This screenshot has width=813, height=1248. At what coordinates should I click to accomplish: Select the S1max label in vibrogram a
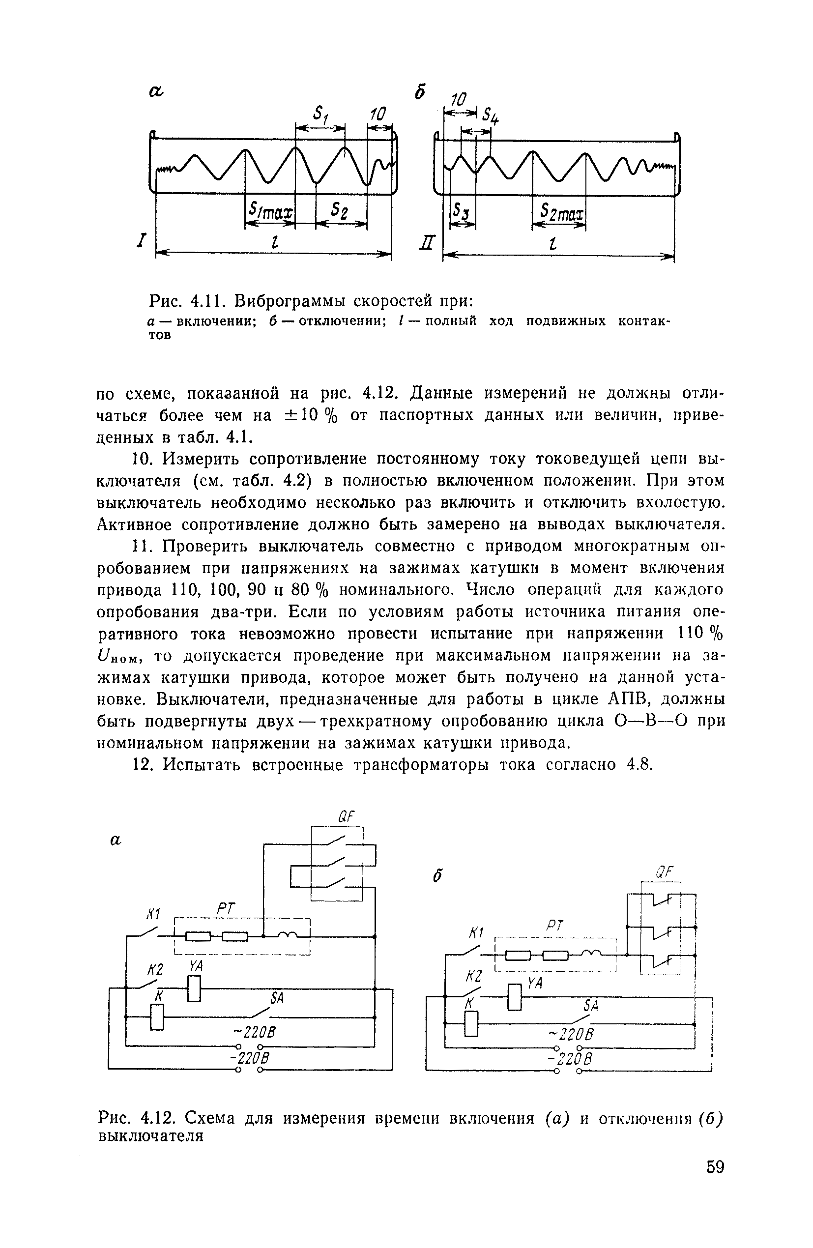tap(270, 211)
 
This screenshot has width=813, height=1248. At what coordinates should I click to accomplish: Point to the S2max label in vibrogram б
tap(561, 212)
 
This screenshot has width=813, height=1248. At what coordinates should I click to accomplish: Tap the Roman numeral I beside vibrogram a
tap(140, 241)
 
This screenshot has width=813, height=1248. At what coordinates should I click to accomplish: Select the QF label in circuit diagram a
tap(346, 816)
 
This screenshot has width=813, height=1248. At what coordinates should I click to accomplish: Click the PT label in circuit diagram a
tap(227, 909)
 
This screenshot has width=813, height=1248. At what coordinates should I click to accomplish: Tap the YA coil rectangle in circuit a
tap(194, 988)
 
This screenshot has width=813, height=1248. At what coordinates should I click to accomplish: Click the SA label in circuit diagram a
tap(277, 998)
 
